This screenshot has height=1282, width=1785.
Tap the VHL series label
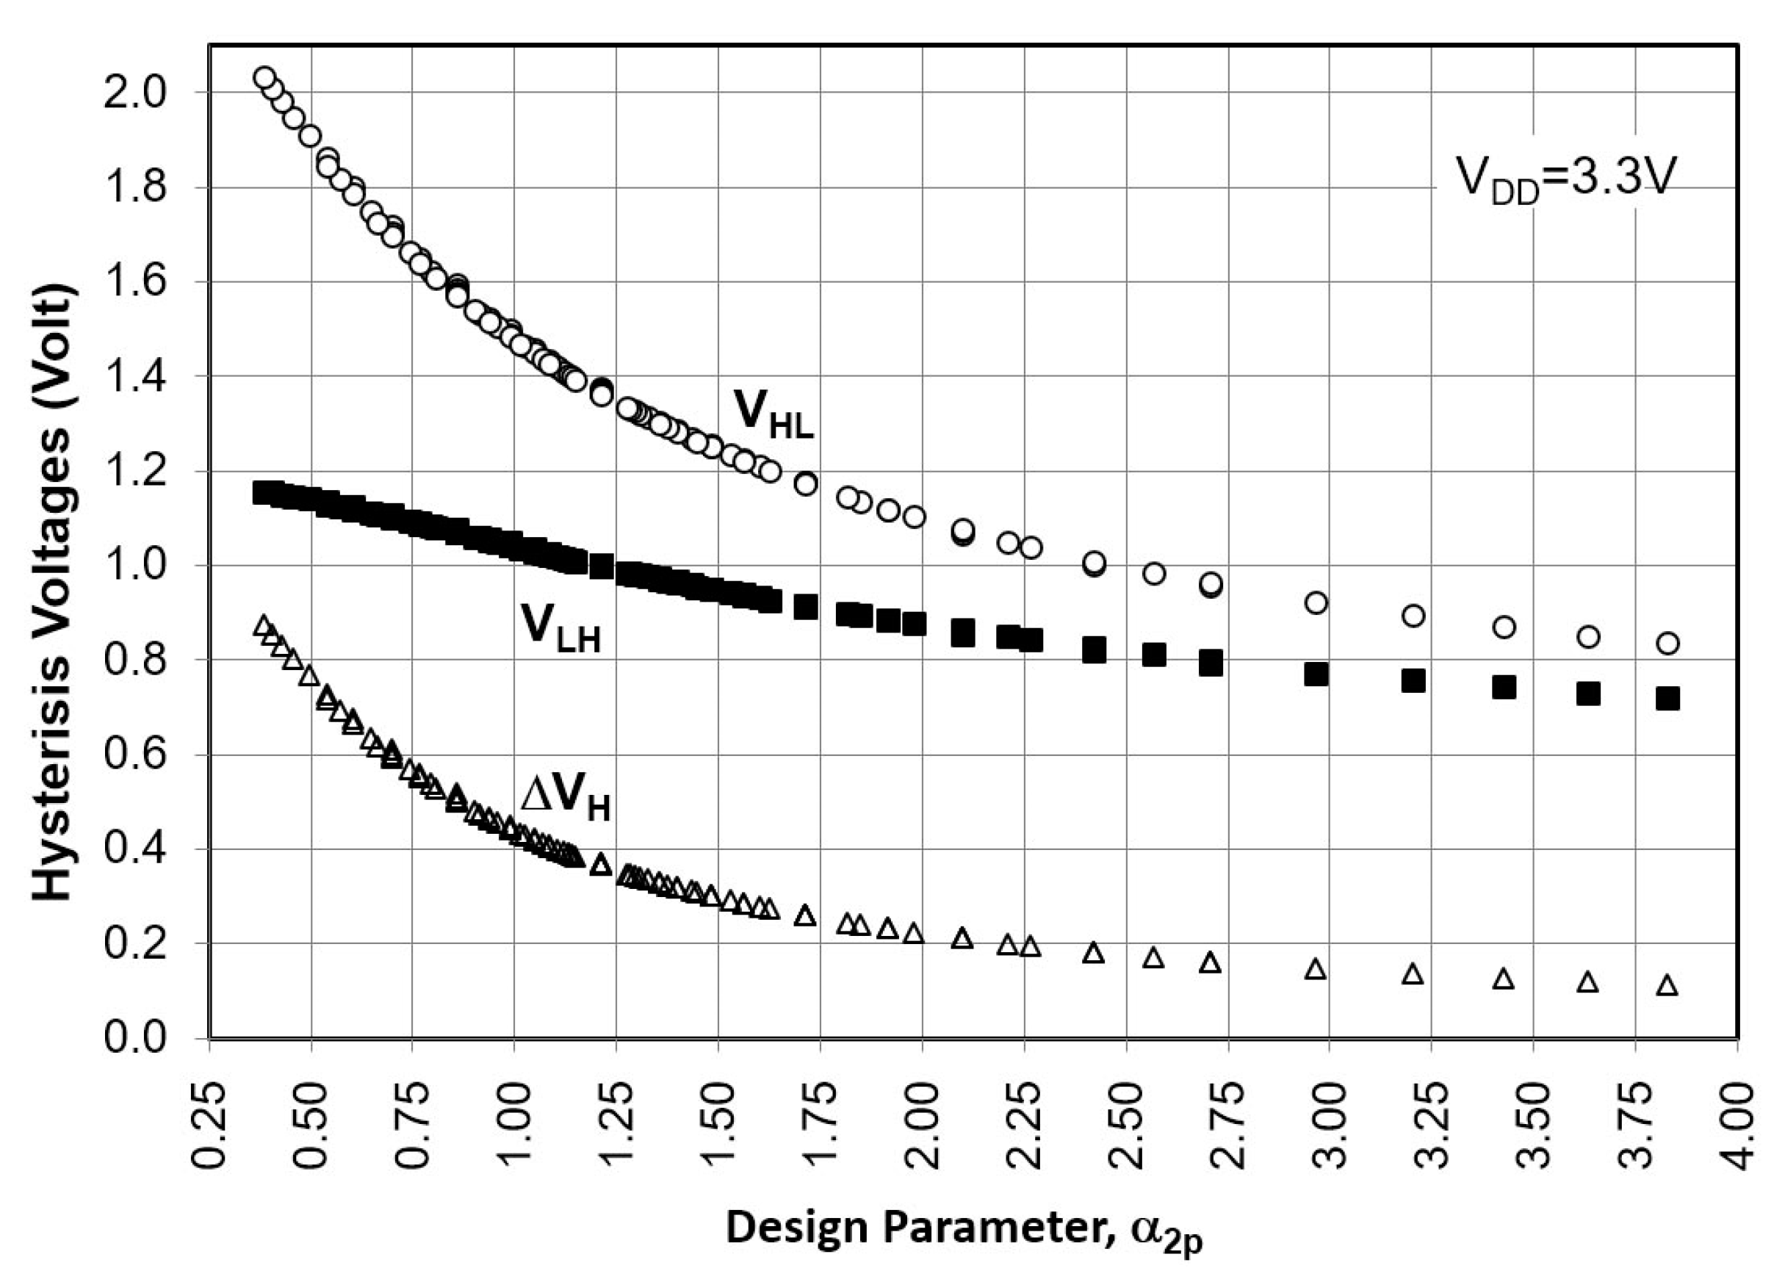click(772, 414)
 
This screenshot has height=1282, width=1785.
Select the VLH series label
click(560, 629)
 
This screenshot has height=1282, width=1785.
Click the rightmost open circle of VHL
click(1667, 644)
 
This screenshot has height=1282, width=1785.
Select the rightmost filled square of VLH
click(1667, 699)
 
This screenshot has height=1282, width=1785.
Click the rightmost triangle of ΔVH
click(1667, 985)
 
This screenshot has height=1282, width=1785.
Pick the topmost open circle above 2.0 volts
click(264, 77)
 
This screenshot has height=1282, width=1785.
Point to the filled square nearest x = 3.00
click(1316, 674)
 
